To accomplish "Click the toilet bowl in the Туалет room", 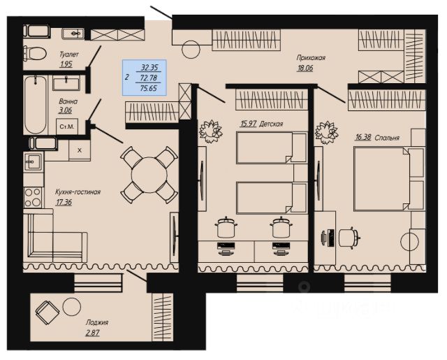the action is [35, 53].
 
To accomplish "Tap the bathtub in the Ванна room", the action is [36, 105].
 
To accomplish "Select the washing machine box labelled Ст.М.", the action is [67, 127].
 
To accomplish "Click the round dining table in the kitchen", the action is [149, 175].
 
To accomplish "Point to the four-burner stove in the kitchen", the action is [33, 197].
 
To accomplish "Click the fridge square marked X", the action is [80, 150].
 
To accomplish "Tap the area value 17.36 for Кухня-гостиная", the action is [64, 202].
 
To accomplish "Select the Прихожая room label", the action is [311, 58].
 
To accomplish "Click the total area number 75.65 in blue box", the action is [149, 88].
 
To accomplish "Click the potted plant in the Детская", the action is [211, 131].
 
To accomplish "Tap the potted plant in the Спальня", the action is [326, 133].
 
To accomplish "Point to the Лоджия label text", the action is [97, 323].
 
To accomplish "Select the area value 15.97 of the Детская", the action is [249, 124].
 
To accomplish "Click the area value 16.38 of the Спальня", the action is [363, 138].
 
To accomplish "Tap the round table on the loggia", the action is [71, 307].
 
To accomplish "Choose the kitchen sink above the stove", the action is [34, 161].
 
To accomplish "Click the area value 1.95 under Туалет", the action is [66, 64].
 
